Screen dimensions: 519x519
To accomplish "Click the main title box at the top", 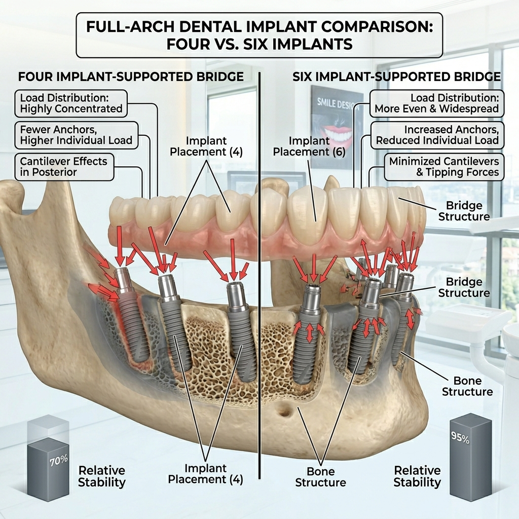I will pyautogui.click(x=259, y=34).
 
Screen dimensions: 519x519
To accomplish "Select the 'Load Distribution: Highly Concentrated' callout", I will pyautogui.click(x=71, y=102).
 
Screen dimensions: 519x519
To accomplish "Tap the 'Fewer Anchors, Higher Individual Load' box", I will pyautogui.click(x=76, y=134).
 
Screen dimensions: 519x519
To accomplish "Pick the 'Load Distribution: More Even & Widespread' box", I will pyautogui.click(x=436, y=102).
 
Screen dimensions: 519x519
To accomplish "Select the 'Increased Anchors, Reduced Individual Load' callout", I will pyautogui.click(x=437, y=135).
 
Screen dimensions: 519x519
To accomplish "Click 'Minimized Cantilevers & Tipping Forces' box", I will pyautogui.click(x=444, y=167).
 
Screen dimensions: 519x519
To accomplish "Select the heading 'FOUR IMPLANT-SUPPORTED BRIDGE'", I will pyautogui.click(x=131, y=77).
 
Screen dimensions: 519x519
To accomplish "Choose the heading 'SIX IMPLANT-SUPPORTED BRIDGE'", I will pyautogui.click(x=397, y=77).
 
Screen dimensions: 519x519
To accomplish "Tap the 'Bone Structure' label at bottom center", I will pyautogui.click(x=321, y=476).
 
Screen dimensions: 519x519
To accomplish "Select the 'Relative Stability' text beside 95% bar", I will pyautogui.click(x=417, y=476).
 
